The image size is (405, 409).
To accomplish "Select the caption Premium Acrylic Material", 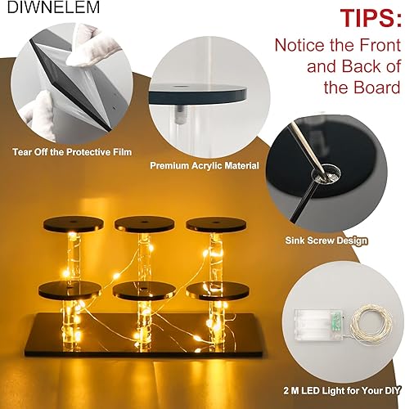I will click(204, 165).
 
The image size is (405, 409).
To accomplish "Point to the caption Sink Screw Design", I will click(326, 241).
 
